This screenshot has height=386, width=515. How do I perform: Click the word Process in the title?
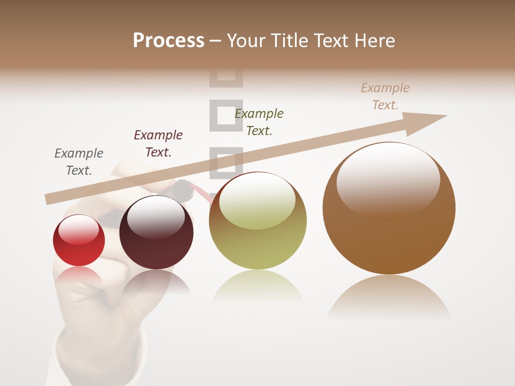tap(168, 40)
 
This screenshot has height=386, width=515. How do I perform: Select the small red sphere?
tap(79, 241)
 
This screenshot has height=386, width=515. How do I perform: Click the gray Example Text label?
tap(78, 162)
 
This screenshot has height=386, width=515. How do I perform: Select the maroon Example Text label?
tap(158, 143)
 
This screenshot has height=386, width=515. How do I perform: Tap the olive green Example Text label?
tap(259, 122)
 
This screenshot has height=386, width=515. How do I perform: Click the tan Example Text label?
tap(385, 96)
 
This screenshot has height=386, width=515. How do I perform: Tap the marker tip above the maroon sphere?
tap(183, 190)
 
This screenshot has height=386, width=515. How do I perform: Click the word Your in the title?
tap(246, 40)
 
